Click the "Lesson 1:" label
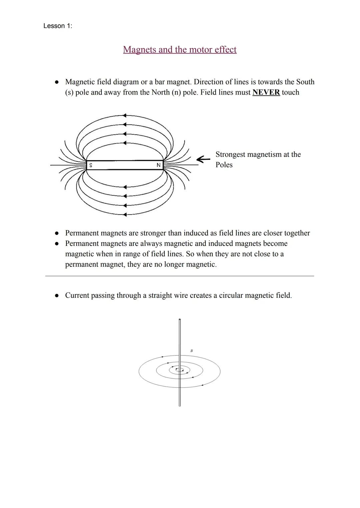click(x=57, y=26)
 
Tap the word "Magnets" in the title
click(x=139, y=50)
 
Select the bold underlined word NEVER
click(x=266, y=92)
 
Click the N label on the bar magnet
click(x=158, y=165)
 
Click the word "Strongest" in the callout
click(x=230, y=155)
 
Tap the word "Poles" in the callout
click(x=224, y=165)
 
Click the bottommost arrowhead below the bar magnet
click(x=125, y=215)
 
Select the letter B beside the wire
click(x=191, y=351)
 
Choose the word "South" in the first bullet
click(x=305, y=82)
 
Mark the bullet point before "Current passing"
click(x=57, y=295)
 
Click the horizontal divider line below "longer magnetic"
click(x=180, y=276)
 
